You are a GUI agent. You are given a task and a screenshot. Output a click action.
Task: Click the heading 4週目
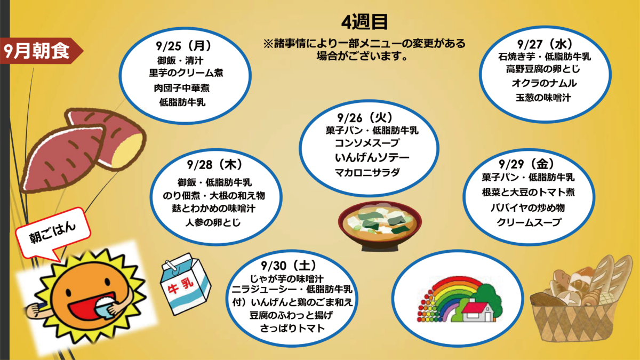(x=365, y=22)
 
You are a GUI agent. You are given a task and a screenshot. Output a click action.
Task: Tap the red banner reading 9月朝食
(x=40, y=51)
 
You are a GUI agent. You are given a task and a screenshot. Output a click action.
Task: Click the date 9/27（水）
(x=546, y=44)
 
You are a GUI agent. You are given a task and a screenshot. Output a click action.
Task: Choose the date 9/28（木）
(x=215, y=164)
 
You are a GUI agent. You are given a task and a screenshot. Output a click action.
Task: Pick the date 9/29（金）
(x=527, y=164)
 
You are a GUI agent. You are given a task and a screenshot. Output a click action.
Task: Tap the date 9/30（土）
(x=289, y=266)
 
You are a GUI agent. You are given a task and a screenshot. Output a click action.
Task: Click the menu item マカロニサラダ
(x=367, y=172)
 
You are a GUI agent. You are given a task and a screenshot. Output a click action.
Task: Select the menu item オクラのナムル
(x=545, y=83)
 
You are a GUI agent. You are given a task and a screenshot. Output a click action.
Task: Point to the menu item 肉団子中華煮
(x=182, y=87)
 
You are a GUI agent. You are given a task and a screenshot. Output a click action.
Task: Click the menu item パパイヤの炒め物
(x=527, y=207)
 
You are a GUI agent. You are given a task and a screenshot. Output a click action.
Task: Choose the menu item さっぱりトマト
(x=292, y=329)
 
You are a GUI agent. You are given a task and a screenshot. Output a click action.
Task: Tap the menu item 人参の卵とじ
(x=213, y=222)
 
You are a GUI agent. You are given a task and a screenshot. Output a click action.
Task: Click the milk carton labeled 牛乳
(x=186, y=284)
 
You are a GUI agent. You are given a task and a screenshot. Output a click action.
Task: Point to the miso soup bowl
(x=380, y=226)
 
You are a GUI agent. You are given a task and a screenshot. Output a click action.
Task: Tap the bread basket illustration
(x=580, y=299)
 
